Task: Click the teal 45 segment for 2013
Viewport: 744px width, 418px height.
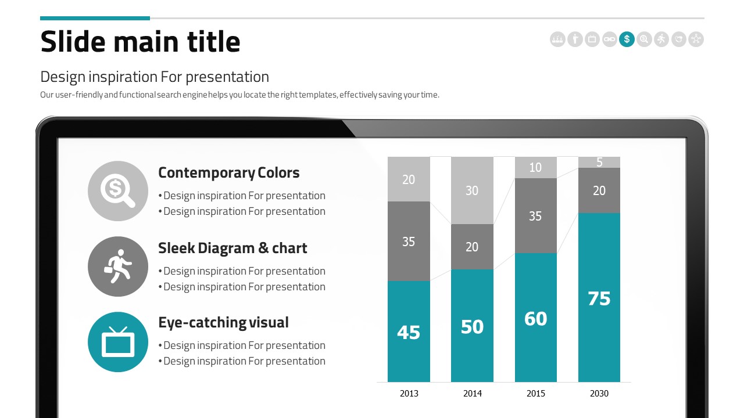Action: (x=409, y=331)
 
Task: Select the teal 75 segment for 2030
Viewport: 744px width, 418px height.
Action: (x=599, y=297)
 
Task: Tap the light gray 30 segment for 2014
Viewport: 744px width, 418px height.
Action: (x=472, y=190)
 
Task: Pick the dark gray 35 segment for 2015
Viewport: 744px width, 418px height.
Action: (x=535, y=216)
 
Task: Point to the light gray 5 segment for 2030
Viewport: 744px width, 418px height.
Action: (x=599, y=162)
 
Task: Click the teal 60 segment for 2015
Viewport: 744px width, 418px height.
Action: (x=535, y=318)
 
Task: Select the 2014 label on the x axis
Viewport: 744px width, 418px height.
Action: (x=473, y=394)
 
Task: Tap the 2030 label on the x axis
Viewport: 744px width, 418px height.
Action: (x=599, y=394)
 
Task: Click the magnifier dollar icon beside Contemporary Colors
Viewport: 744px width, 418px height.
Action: (x=118, y=191)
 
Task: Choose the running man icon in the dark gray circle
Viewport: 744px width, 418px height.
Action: (x=118, y=266)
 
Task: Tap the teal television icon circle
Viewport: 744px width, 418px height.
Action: (x=118, y=342)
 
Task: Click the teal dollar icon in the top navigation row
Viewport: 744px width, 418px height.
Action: (x=627, y=39)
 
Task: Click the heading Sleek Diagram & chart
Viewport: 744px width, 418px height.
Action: (x=233, y=248)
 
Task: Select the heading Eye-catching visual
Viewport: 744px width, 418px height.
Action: (x=223, y=322)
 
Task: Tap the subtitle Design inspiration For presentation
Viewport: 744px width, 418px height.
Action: (x=155, y=77)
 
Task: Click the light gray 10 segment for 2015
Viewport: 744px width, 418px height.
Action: (x=535, y=167)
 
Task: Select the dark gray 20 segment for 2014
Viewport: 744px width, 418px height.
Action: (x=472, y=247)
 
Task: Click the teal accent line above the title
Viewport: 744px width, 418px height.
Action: (x=95, y=18)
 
